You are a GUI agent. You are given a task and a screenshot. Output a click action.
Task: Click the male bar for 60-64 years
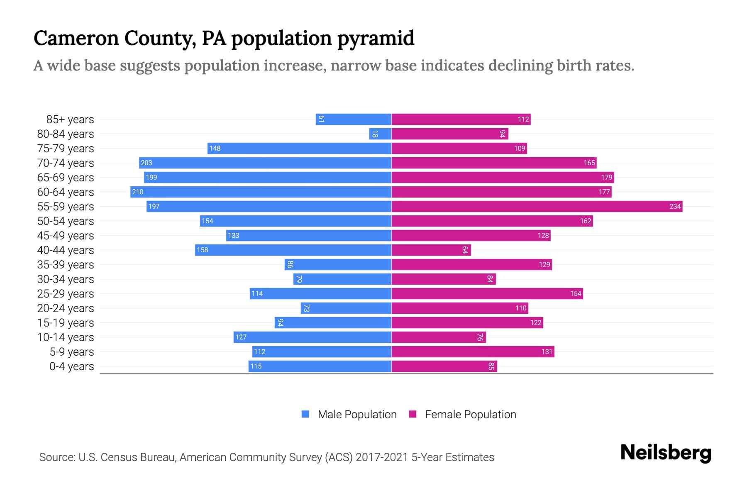tap(261, 192)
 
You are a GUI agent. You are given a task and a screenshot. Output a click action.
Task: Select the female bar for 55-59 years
tap(537, 206)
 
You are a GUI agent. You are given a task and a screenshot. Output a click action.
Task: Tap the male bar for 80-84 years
tap(380, 134)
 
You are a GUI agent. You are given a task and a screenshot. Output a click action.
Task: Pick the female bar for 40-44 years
tap(431, 250)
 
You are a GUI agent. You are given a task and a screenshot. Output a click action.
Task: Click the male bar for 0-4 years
tap(320, 366)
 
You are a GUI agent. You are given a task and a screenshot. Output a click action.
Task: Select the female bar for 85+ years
tap(461, 119)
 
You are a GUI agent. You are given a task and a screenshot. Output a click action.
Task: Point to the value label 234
tap(675, 206)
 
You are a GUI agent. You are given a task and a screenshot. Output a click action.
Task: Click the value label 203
tap(146, 163)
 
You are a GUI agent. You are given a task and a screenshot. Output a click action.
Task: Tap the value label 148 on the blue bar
tap(215, 148)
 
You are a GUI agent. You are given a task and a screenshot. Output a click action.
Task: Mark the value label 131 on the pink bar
tap(547, 352)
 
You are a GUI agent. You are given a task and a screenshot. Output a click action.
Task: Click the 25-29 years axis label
tap(66, 294)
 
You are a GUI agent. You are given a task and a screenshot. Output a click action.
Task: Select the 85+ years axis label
tap(70, 120)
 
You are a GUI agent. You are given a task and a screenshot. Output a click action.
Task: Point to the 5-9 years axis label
tap(71, 352)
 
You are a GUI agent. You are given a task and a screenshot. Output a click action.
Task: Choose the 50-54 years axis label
tap(66, 221)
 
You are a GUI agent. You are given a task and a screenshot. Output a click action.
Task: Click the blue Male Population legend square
tap(305, 414)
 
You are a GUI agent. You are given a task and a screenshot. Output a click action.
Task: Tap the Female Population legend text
tap(470, 414)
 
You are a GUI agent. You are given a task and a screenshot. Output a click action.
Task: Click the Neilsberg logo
tap(666, 452)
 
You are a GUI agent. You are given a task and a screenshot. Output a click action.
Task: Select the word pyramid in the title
tap(376, 39)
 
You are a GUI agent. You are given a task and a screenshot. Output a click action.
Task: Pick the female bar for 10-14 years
tap(438, 337)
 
